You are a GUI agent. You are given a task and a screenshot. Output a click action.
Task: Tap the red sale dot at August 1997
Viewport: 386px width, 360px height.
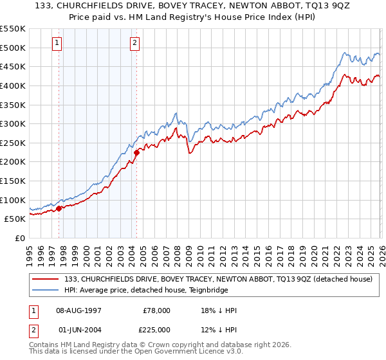tap(59, 208)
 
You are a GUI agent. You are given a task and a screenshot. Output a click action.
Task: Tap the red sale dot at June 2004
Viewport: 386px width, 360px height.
tap(136, 152)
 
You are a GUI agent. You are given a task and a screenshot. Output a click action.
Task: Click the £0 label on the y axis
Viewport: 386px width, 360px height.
tap(20, 238)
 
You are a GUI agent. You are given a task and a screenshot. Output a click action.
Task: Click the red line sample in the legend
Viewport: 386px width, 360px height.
tap(46, 279)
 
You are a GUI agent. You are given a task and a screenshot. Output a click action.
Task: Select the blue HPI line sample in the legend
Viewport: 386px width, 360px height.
tap(46, 290)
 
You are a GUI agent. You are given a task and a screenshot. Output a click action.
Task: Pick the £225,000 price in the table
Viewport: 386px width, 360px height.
tap(157, 330)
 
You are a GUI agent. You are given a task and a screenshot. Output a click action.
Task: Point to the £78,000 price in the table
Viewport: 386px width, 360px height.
tap(157, 310)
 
